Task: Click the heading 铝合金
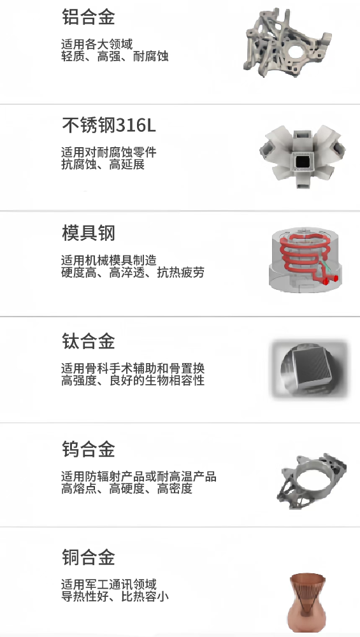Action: click(88, 17)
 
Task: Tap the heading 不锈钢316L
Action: click(108, 125)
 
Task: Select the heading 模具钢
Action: click(88, 233)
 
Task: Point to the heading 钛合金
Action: click(88, 341)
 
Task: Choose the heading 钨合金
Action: click(88, 449)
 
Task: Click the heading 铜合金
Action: click(88, 557)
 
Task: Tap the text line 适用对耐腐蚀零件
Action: click(108, 153)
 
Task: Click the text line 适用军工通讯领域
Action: click(108, 585)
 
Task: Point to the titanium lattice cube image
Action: click(309, 369)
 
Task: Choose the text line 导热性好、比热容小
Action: click(115, 597)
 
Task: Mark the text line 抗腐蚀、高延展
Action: click(103, 165)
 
